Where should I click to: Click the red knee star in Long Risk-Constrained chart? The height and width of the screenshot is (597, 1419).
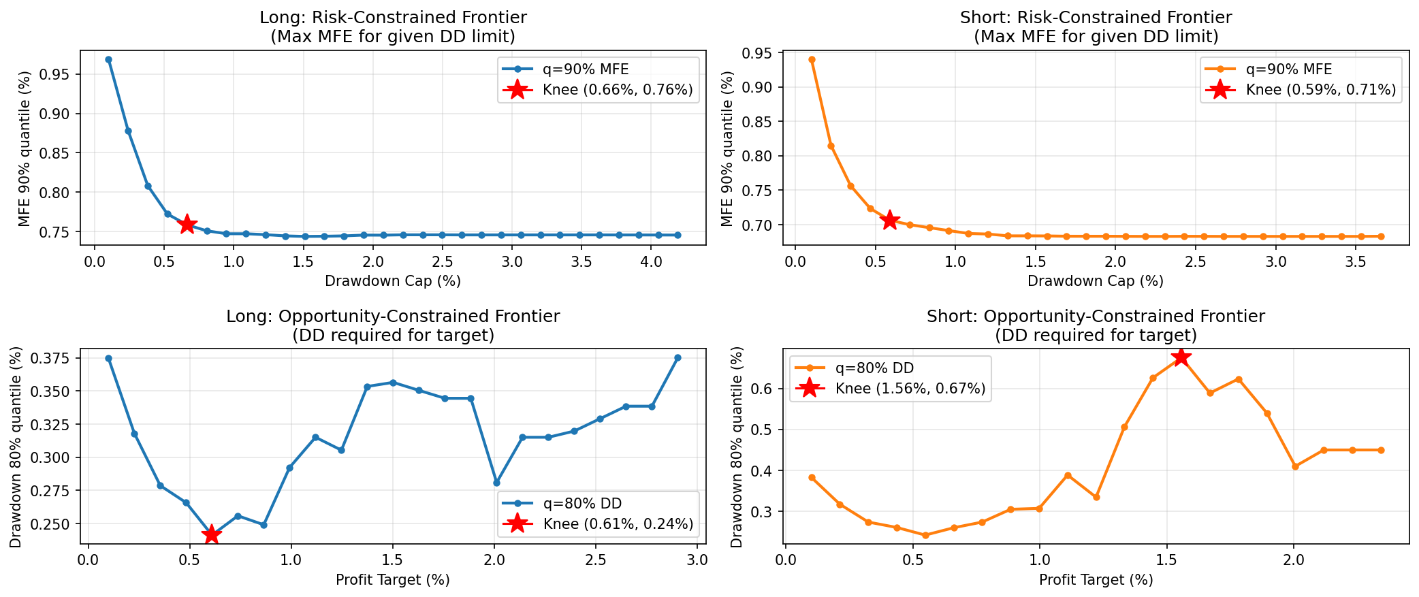tap(187, 224)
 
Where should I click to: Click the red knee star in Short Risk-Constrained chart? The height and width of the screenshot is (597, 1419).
tap(889, 220)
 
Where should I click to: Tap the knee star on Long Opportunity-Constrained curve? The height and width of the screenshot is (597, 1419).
tap(211, 534)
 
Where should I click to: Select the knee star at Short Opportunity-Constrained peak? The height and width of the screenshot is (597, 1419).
tap(1181, 357)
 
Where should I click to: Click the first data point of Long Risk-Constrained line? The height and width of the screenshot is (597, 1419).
tap(108, 60)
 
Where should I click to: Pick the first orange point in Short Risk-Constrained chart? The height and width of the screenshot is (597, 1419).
tap(812, 60)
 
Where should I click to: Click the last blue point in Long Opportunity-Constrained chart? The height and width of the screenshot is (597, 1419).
tap(677, 357)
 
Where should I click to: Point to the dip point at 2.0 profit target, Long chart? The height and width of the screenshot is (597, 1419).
tap(496, 483)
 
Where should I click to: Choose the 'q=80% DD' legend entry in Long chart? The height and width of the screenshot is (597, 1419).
tap(582, 504)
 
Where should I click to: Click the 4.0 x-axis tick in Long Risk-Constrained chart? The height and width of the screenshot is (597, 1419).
tap(652, 262)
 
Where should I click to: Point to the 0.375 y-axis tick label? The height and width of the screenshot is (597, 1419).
tap(53, 359)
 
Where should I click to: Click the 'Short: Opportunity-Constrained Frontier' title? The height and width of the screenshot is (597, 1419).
tap(1096, 317)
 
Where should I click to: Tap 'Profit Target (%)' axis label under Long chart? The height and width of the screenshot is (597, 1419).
tap(393, 580)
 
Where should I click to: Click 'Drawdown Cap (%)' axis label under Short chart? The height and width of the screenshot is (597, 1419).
tap(1096, 280)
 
